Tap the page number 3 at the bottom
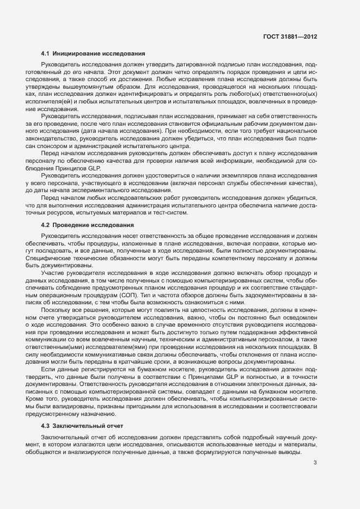[x=315, y=463]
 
